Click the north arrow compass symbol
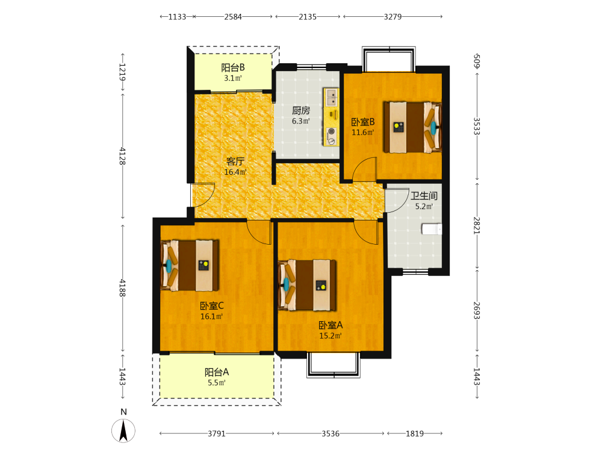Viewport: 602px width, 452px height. (123, 430)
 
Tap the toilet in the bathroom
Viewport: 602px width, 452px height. (432, 229)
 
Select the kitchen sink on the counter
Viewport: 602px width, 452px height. (331, 97)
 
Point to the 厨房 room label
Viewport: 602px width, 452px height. (300, 111)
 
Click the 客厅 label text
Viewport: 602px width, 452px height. (235, 162)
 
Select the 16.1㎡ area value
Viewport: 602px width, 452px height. (211, 317)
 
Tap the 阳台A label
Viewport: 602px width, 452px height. (217, 372)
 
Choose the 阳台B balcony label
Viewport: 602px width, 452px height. (232, 67)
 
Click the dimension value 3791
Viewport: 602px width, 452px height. (217, 433)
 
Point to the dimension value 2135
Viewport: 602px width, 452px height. (308, 16)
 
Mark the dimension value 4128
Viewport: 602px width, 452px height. (122, 155)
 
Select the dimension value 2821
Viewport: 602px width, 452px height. (476, 225)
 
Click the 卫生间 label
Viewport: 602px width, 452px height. (424, 196)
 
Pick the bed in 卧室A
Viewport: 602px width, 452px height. (307, 285)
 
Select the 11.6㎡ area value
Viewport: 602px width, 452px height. (363, 133)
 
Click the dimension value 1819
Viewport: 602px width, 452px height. (415, 433)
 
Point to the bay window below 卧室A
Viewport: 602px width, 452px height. (334, 365)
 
